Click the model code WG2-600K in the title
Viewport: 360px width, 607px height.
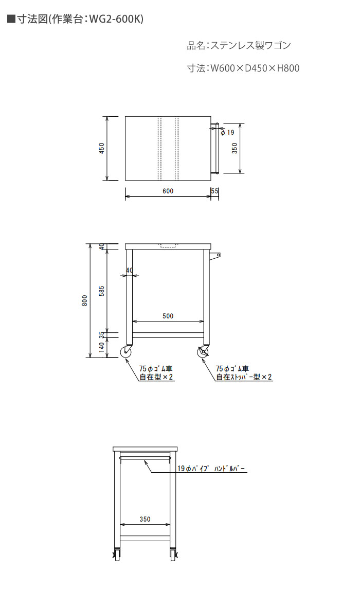tap(116, 19)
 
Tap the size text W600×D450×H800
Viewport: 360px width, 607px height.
tap(255, 68)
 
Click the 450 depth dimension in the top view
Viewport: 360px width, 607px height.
tap(102, 148)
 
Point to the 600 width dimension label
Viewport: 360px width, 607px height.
tap(168, 191)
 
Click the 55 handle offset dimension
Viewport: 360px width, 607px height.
tap(215, 191)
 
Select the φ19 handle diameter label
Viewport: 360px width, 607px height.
tap(228, 132)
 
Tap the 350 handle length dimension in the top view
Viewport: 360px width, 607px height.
tap(235, 148)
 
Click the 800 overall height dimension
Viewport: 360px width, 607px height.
tap(85, 300)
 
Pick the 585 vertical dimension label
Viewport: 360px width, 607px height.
tap(101, 291)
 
